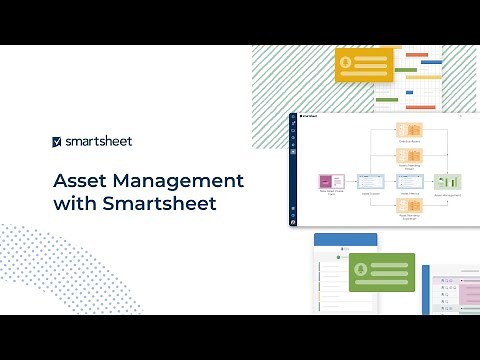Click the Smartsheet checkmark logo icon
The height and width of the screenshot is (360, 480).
(58, 142)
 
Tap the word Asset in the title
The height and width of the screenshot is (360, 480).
(80, 181)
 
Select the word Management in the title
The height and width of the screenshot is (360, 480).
(177, 181)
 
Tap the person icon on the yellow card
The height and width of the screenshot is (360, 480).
(347, 63)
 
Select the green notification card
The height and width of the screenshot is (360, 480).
(380, 272)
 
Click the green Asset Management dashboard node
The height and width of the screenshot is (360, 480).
(445, 182)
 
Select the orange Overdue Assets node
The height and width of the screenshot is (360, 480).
(408, 131)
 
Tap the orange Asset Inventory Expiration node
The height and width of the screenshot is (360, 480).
(408, 206)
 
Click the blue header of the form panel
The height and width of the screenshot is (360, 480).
(345, 240)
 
